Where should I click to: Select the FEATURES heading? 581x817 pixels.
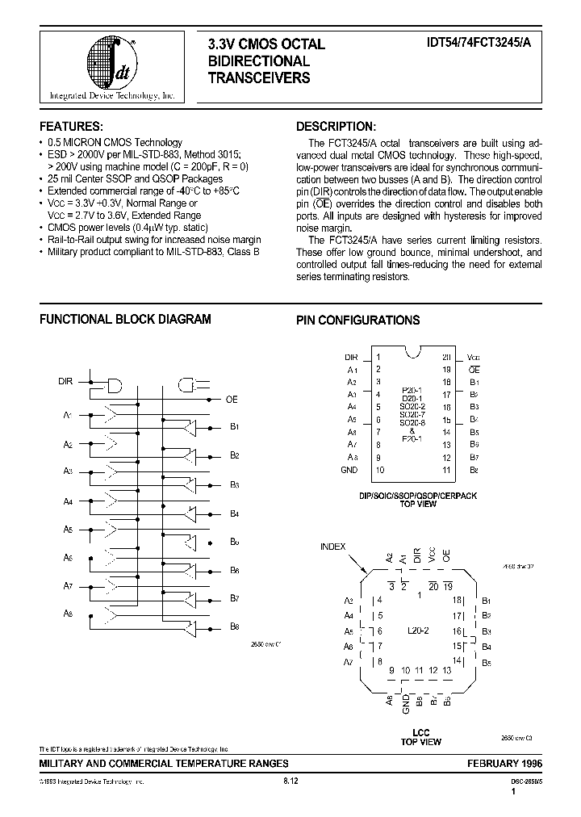pos(72,127)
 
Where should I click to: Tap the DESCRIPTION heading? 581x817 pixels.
pos(336,127)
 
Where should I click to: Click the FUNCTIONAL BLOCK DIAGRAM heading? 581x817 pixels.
pos(125,319)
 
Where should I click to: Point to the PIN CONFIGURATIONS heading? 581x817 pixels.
pos(357,320)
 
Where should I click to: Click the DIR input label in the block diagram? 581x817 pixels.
pos(66,380)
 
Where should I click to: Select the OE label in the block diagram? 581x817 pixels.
pos(232,399)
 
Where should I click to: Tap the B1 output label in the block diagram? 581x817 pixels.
pos(234,426)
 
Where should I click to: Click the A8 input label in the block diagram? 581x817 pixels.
pos(68,614)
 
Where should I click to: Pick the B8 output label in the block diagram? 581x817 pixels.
pos(234,626)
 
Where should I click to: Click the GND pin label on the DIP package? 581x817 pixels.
pos(349,470)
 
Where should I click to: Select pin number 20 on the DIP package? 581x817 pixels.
pos(446,357)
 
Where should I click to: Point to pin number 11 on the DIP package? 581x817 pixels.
pos(446,470)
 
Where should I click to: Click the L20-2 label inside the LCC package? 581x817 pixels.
pos(419,631)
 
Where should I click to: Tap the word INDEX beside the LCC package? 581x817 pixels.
pos(333,547)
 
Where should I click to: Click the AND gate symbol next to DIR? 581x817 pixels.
pos(114,385)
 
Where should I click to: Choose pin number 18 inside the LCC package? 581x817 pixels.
pos(457,600)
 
